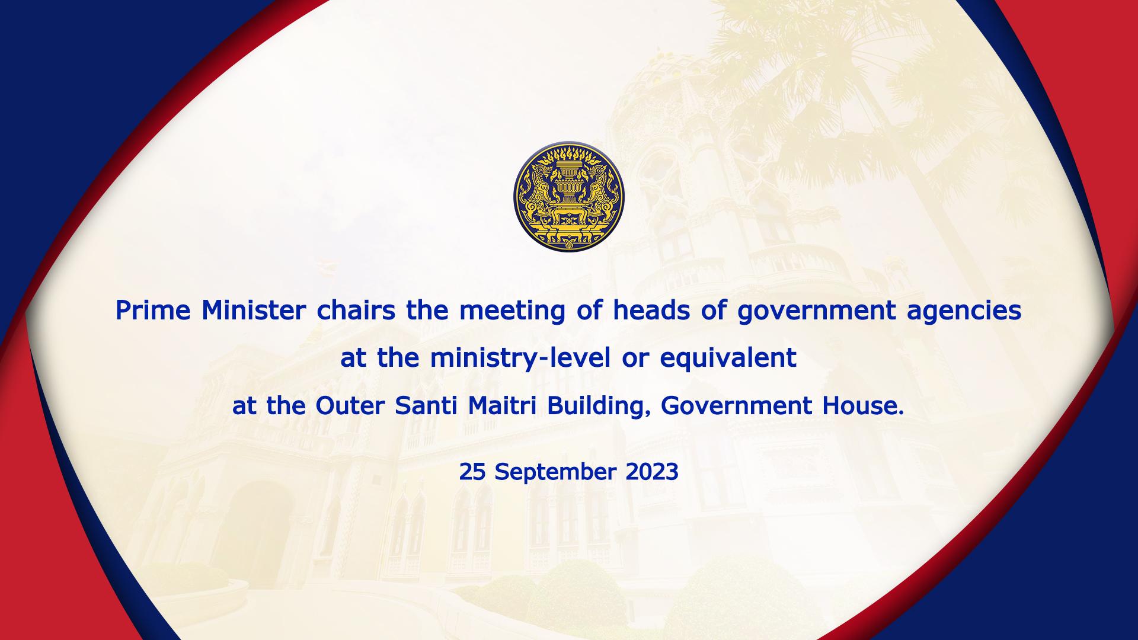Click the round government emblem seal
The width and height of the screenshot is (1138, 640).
(x=569, y=197)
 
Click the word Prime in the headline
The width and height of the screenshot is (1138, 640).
(x=153, y=310)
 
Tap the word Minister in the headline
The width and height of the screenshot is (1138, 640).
(x=254, y=310)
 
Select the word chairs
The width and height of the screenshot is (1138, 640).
(x=356, y=310)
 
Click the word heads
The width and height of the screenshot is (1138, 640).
(x=651, y=310)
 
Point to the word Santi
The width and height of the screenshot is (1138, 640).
(x=426, y=406)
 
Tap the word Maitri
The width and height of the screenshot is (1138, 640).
(x=502, y=406)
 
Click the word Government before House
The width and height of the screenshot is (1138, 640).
(x=736, y=406)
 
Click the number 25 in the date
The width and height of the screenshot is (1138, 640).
(x=472, y=472)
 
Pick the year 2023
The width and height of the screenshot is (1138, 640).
(x=652, y=472)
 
